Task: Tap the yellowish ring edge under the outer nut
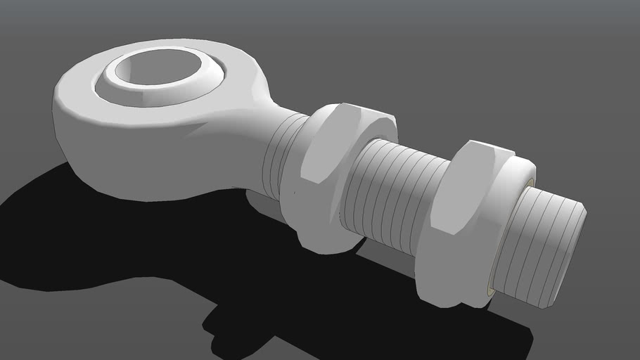[x=491, y=290]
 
